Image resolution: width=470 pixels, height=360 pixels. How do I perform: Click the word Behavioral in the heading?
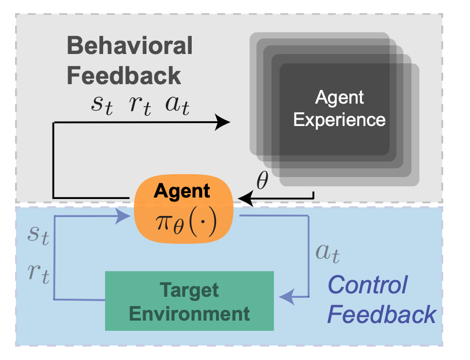coord(130,46)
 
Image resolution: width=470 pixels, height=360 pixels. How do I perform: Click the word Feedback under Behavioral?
coord(124,75)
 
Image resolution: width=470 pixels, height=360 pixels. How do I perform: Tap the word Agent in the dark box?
coord(339,98)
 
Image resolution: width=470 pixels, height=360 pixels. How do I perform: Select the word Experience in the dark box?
coord(339,120)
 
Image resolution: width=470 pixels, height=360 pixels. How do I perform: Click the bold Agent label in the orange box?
coord(181,191)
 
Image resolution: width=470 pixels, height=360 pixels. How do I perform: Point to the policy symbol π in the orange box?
coord(164,222)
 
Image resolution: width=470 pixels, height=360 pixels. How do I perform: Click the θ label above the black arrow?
coord(262,180)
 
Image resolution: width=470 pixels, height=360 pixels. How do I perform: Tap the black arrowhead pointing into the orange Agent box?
coord(245,198)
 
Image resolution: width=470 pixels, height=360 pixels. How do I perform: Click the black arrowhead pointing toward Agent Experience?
coord(223,122)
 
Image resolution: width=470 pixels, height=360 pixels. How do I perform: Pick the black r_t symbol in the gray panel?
coord(140,106)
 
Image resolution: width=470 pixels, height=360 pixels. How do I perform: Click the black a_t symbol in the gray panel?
coord(178,106)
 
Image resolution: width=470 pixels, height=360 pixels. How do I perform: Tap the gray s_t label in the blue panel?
coord(38,235)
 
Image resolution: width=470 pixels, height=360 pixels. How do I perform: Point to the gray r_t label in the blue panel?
coord(38,273)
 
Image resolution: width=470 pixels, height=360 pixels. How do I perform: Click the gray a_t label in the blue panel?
coord(327,253)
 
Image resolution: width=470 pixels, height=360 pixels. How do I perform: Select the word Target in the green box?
coord(189,290)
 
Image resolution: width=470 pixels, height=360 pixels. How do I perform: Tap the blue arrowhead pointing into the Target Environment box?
coord(287,297)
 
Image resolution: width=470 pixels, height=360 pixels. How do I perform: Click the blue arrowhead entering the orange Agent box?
coord(123,216)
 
